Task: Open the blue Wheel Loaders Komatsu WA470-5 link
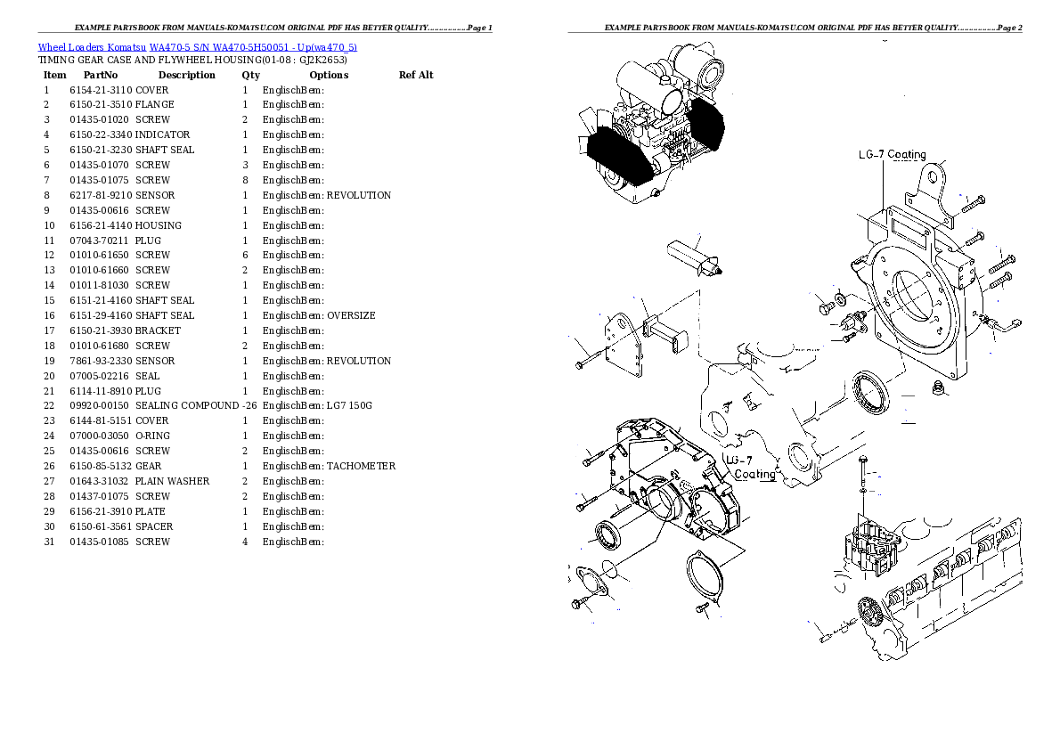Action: tap(197, 47)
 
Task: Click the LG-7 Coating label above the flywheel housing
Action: tap(892, 155)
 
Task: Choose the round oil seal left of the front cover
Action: tap(607, 536)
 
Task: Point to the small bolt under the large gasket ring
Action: tap(703, 609)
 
